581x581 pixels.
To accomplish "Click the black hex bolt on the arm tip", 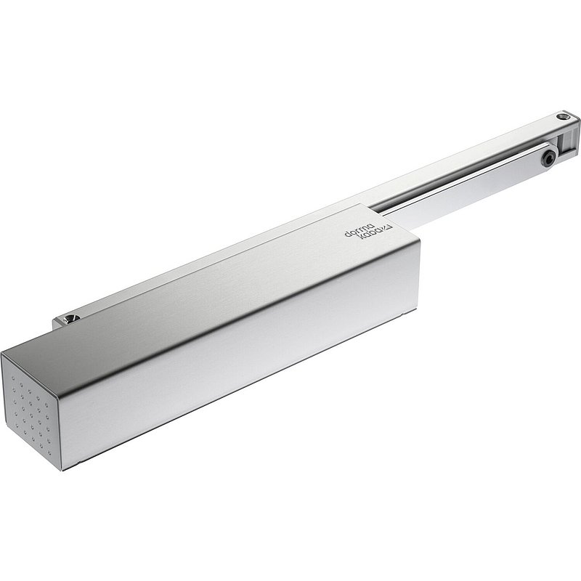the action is click(x=548, y=159).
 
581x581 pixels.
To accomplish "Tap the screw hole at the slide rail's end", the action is click(x=563, y=117).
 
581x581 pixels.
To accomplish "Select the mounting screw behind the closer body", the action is click(x=70, y=319).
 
